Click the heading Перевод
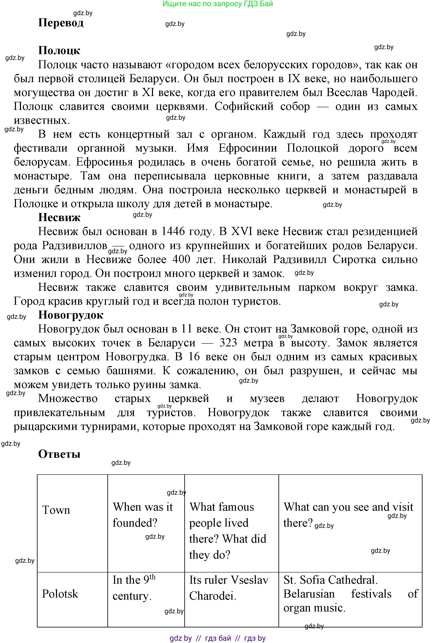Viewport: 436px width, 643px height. pyautogui.click(x=61, y=23)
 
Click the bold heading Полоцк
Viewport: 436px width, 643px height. pyautogui.click(x=59, y=51)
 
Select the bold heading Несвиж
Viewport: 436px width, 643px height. pyautogui.click(x=59, y=217)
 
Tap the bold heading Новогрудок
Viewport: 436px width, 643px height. pyautogui.click(x=71, y=315)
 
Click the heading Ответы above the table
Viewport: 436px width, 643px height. pyautogui.click(x=59, y=454)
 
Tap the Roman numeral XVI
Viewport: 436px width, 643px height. pyautogui.click(x=242, y=231)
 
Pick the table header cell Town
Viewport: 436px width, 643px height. pyautogui.click(x=56, y=510)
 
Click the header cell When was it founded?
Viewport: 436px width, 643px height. pyautogui.click(x=143, y=515)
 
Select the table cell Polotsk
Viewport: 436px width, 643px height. pyautogui.click(x=60, y=593)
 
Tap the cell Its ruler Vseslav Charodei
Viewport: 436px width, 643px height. pyautogui.click(x=228, y=587)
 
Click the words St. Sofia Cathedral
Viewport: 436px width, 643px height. pyautogui.click(x=330, y=580)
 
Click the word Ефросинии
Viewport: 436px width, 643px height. pyautogui.click(x=248, y=148)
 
